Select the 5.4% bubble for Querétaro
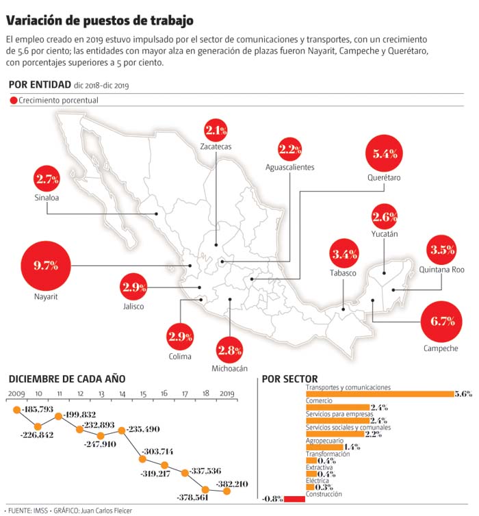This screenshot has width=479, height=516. [x=385, y=154]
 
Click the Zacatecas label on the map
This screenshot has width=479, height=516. [x=216, y=146]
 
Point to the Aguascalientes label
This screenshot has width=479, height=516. [x=290, y=167]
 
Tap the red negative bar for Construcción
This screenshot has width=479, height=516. [x=294, y=498]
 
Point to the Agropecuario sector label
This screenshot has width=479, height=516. [x=325, y=441]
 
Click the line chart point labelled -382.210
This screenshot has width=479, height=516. [x=226, y=491]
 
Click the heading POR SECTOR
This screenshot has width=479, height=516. [x=289, y=379]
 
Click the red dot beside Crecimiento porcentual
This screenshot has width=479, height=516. [x=14, y=101]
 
